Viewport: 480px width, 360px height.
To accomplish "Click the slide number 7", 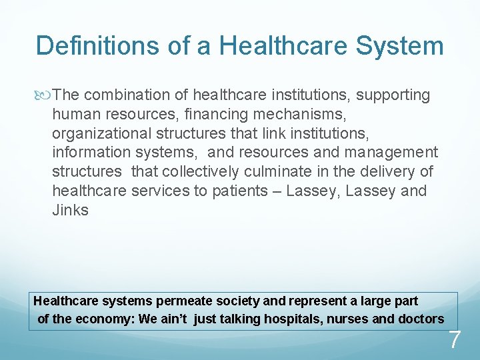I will point(454,340).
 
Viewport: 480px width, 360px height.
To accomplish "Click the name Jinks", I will point(70,209).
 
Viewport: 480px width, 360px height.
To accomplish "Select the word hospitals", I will point(293,319).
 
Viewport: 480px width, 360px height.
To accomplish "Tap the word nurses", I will point(347,319).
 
